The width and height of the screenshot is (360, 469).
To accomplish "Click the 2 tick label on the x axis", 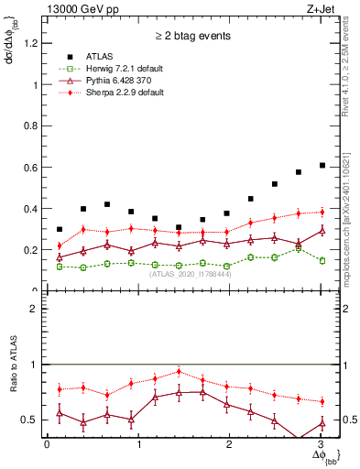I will point(231,444).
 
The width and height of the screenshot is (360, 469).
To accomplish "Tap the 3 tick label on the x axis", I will point(322,444).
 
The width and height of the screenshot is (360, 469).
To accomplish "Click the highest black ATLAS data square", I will point(322,166).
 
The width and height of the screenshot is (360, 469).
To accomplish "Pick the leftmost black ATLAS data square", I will point(60,229).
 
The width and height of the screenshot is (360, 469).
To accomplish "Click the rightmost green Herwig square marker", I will point(322,260).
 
